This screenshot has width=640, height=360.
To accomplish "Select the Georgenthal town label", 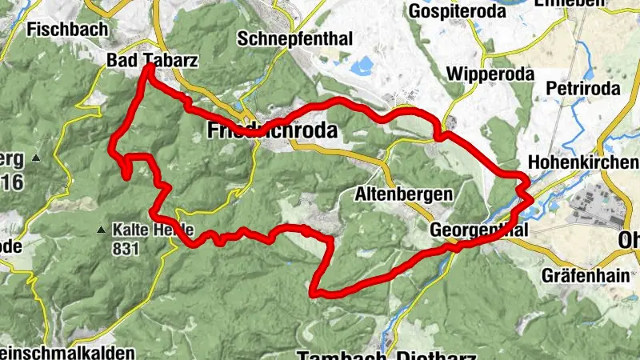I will click(x=480, y=230).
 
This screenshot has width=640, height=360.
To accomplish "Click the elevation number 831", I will click(x=126, y=249).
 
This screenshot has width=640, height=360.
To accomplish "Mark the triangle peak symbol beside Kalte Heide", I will click(x=101, y=230).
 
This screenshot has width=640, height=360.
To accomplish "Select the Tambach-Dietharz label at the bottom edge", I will click(x=386, y=354).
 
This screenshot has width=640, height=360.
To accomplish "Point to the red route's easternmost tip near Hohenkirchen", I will click(x=531, y=197).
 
